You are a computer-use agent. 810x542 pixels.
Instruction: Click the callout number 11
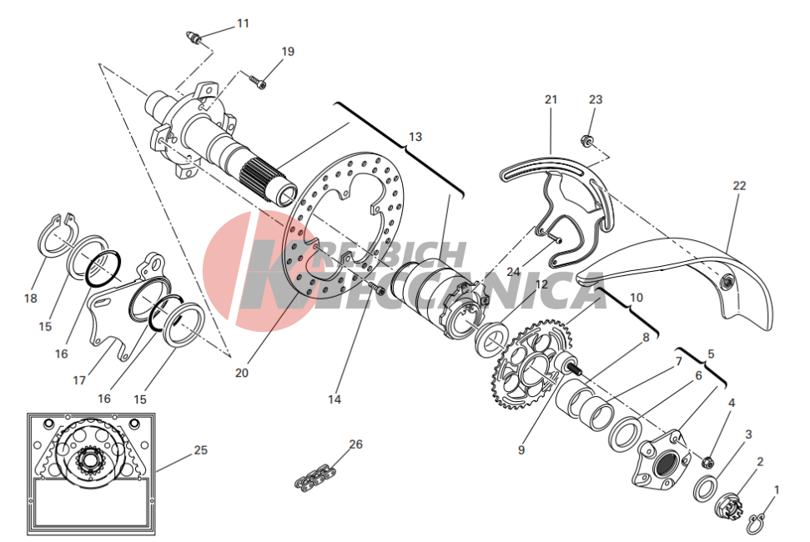243,23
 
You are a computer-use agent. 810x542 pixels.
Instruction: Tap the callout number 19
288,52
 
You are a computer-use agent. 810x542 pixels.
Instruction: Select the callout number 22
739,186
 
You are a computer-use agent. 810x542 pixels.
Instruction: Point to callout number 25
200,450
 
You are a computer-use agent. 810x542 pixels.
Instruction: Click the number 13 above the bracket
415,137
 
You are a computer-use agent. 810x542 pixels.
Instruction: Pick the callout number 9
521,450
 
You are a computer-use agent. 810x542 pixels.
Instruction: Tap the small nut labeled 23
586,139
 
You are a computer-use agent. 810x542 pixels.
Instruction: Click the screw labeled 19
258,82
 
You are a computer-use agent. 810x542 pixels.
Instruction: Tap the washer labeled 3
705,489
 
